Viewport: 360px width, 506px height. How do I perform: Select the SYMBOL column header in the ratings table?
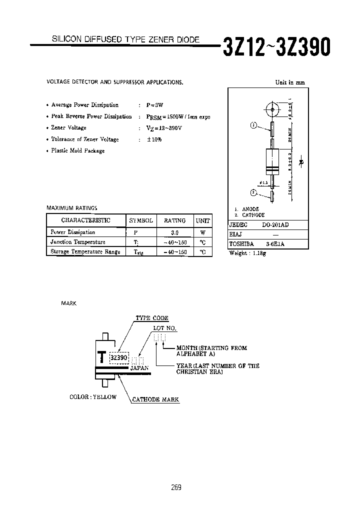(141, 220)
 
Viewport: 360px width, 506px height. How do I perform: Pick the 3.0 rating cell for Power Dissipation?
(174, 232)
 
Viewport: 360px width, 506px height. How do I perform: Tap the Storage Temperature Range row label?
(85, 252)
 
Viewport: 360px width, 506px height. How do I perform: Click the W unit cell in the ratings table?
(202, 232)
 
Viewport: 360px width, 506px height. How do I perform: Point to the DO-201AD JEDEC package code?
(275, 225)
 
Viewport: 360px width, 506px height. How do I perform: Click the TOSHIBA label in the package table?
(241, 244)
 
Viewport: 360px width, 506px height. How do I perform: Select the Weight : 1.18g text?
(247, 253)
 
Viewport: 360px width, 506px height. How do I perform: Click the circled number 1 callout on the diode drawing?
(253, 126)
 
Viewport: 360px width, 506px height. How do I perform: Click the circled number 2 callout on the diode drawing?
(253, 192)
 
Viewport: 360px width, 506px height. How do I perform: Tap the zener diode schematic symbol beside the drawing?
(301, 162)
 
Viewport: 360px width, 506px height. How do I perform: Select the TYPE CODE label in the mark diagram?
(152, 318)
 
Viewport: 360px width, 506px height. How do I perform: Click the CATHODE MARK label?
(155, 399)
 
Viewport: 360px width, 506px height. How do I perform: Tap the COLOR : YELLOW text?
(93, 397)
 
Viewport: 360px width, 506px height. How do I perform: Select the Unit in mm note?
(290, 83)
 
